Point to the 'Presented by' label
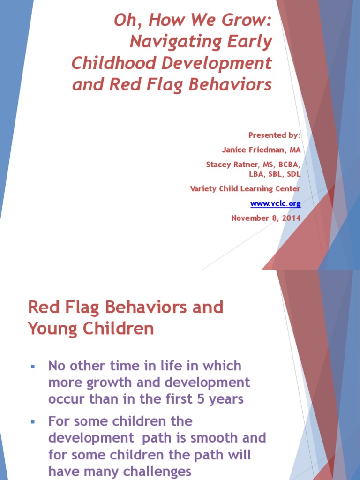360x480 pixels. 273,135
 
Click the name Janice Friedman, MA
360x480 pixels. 261,150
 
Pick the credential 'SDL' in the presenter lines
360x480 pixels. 292,174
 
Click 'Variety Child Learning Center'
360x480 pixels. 245,188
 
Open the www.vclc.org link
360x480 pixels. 275,203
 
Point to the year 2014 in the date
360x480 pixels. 291,218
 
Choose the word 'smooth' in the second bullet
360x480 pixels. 215,438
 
